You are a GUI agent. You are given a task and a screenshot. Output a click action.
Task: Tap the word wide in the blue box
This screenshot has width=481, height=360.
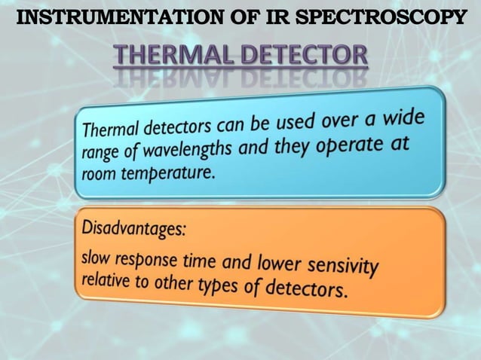(403, 118)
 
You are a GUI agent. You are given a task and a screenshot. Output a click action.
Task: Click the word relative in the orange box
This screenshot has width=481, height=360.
(105, 280)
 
